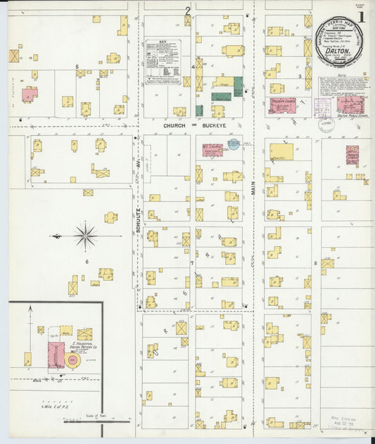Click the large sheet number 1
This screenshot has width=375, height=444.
pyautogui.click(x=361, y=16)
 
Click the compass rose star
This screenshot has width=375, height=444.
pyautogui.click(x=85, y=236)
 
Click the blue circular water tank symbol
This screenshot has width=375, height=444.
pyautogui.click(x=233, y=144)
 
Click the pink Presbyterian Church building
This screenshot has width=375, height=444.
pyautogui.click(x=282, y=106)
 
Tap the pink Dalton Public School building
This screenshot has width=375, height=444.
pyautogui.click(x=350, y=105)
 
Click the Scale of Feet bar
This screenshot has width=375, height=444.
pyautogui.click(x=98, y=420)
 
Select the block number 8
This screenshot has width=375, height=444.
pyautogui.click(x=316, y=264)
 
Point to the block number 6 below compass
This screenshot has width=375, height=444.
pyautogui.click(x=88, y=261)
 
